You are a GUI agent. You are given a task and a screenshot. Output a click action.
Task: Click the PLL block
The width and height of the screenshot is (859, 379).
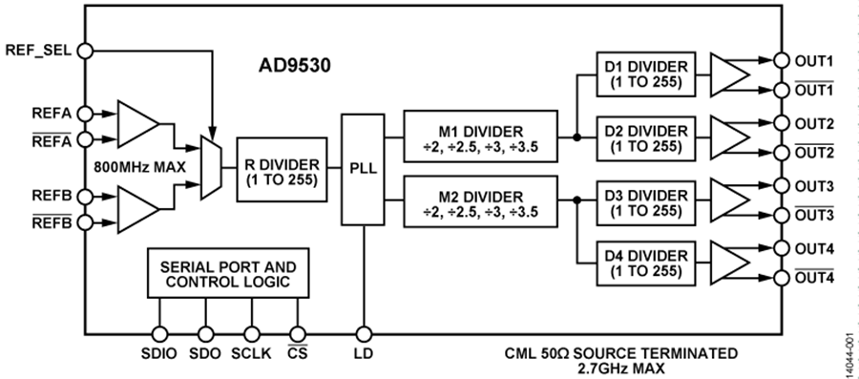(363, 170)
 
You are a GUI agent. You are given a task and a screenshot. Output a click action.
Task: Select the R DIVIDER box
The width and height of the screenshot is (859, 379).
(282, 170)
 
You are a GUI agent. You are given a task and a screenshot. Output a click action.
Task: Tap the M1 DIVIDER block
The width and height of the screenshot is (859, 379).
(480, 137)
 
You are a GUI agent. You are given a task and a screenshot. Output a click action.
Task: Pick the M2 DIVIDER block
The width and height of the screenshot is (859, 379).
(480, 201)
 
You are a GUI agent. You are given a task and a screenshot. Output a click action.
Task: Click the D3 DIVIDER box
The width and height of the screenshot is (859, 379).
(646, 201)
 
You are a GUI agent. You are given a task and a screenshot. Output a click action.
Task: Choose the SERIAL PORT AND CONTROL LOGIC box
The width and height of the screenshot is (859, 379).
(228, 273)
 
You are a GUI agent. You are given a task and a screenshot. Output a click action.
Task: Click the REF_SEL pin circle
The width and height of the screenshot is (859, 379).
(86, 51)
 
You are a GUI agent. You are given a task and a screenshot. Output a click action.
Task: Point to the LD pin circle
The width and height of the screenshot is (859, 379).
(364, 334)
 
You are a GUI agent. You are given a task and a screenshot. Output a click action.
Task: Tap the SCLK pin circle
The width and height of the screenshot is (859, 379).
(251, 334)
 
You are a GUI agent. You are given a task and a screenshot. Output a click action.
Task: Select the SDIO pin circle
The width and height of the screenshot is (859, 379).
(159, 334)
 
